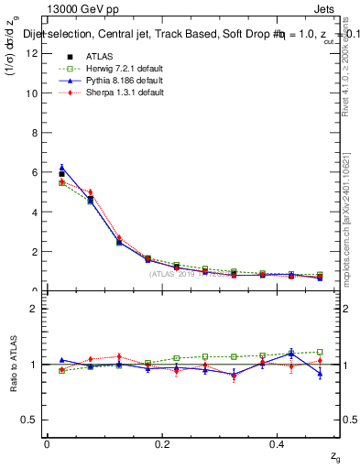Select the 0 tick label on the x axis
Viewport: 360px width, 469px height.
point(47,444)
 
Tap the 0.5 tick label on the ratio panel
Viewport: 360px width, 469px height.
point(28,420)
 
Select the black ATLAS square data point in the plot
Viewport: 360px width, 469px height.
point(61,173)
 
